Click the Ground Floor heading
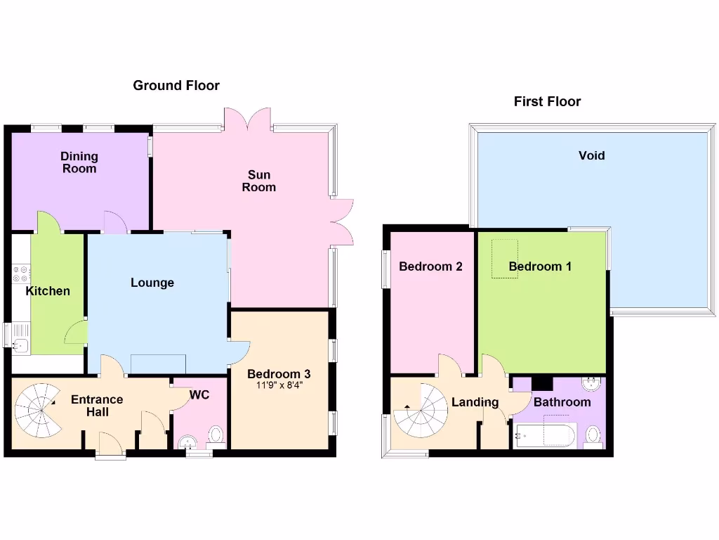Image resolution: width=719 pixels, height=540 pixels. [x=176, y=86]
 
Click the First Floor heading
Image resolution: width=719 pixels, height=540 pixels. [x=547, y=102]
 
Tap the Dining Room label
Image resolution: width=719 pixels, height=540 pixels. [x=79, y=162]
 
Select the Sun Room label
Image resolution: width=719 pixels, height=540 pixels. [x=258, y=181]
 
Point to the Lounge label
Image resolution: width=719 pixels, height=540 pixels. [x=152, y=283]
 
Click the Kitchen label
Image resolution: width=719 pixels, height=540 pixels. [x=48, y=291]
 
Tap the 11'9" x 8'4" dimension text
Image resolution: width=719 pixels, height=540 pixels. [x=279, y=385]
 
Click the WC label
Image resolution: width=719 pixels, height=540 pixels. [x=200, y=395]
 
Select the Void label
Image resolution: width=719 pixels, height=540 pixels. [x=591, y=155]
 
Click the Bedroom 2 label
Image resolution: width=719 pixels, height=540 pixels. [x=430, y=266]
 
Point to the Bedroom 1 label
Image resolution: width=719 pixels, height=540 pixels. [x=540, y=266]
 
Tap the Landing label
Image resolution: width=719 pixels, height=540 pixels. [x=475, y=402]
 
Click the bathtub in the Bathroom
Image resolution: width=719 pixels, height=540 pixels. [x=545, y=436]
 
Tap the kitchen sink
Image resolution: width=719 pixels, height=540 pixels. [x=20, y=345]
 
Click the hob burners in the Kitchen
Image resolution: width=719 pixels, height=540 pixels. [x=20, y=274]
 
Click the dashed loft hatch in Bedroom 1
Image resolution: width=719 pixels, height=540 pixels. [x=505, y=258]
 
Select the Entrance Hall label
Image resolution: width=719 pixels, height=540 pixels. [x=97, y=406]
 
